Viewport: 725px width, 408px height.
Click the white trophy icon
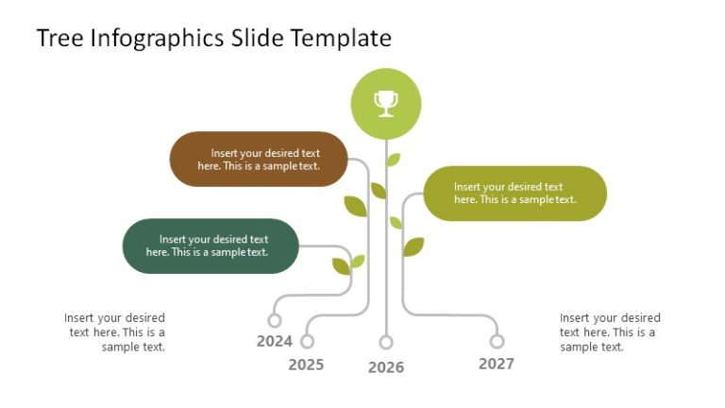tap(386, 103)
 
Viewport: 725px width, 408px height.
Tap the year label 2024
tap(275, 342)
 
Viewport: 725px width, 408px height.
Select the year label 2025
tap(306, 365)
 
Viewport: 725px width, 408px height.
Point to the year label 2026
tap(386, 367)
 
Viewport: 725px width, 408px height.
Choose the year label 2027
tap(497, 364)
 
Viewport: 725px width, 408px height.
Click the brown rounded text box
tap(259, 159)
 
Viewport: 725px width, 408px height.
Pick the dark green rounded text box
tap(211, 246)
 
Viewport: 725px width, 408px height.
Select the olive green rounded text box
tap(514, 194)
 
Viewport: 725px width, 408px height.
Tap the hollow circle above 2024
tap(275, 320)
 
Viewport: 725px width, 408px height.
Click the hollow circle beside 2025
tap(307, 341)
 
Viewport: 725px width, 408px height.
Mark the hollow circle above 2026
tap(386, 342)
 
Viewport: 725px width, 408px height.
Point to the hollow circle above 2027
tap(497, 341)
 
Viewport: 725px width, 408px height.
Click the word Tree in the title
tap(57, 39)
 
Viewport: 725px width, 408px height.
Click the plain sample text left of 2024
tap(115, 332)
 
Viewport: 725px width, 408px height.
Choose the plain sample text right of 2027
tap(610, 332)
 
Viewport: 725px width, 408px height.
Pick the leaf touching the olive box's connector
tap(413, 246)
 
